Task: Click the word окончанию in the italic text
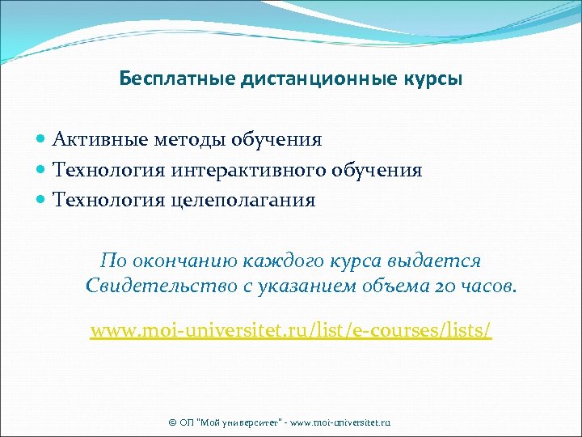click(x=183, y=261)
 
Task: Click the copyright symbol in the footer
click(x=171, y=422)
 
